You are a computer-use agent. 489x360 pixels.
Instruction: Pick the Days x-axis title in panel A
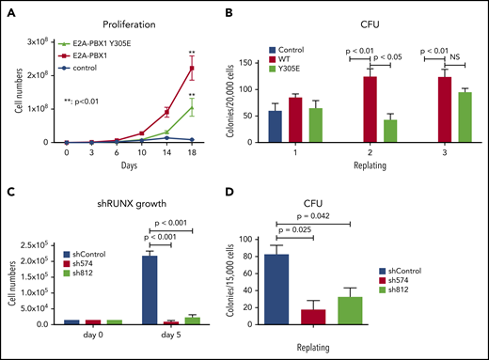(x=136, y=166)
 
